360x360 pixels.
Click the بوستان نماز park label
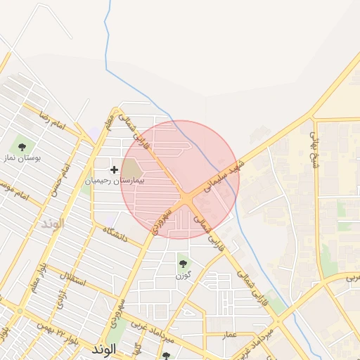click(21, 159)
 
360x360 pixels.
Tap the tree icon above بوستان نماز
click(22, 147)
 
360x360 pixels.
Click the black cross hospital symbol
click(115, 169)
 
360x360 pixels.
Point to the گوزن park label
click(183, 275)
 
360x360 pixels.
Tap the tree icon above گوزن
click(184, 264)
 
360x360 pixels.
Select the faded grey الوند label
click(53, 224)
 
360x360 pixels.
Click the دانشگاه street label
click(114, 233)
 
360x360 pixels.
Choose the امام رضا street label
click(52, 120)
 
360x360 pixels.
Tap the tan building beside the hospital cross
click(132, 169)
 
